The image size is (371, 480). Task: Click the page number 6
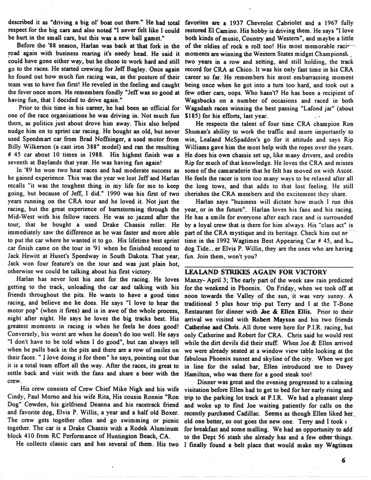(x=344, y=459)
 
